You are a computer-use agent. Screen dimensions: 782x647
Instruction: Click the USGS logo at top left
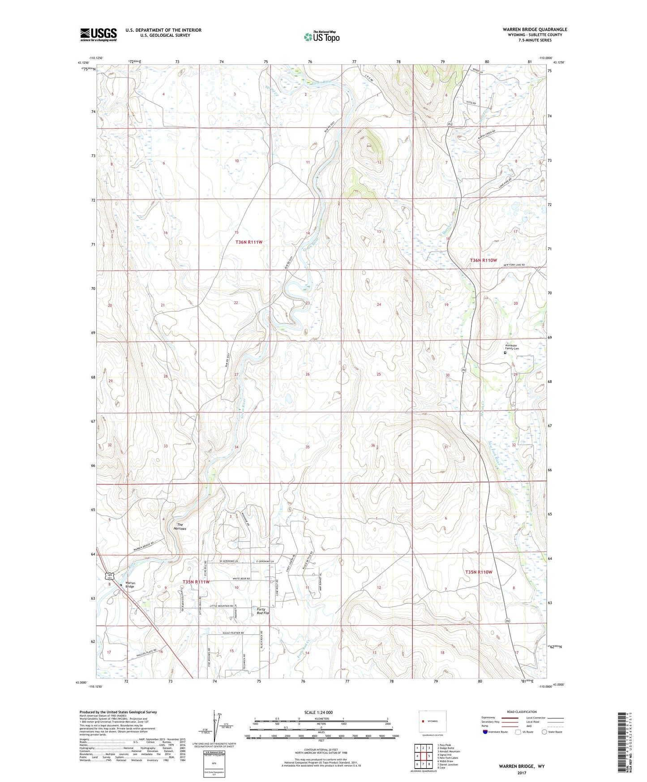[98, 34]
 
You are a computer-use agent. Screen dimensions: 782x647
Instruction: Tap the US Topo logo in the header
[321, 37]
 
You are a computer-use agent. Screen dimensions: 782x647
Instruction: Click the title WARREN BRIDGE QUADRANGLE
[535, 30]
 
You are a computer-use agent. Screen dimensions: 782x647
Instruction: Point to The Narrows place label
[180, 527]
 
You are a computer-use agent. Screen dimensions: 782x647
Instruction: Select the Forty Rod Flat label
[261, 611]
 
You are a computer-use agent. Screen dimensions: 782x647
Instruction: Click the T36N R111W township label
[249, 242]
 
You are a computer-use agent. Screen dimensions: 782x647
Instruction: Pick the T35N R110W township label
[478, 572]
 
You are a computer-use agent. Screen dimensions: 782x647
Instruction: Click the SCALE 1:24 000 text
[318, 712]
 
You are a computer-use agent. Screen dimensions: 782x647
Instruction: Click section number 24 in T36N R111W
[379, 304]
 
